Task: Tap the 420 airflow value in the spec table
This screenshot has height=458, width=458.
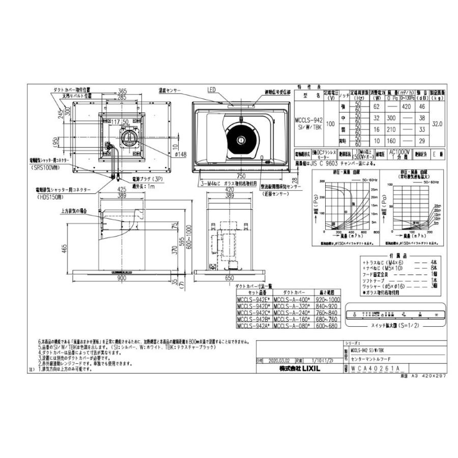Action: [407, 107]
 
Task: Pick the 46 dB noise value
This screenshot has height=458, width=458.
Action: [421, 107]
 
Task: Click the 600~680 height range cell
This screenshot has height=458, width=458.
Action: [327, 325]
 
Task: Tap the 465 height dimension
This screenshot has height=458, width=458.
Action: [65, 248]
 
